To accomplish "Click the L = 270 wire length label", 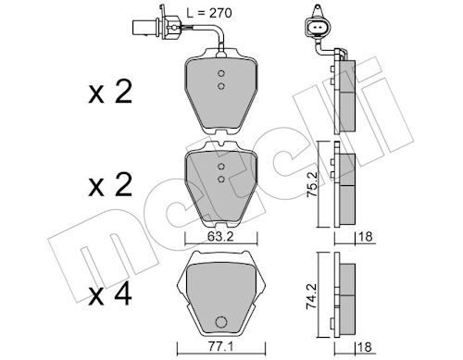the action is point(209,13).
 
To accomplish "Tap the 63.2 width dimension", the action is point(220,237).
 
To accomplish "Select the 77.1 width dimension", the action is point(220,347).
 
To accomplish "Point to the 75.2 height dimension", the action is point(312,185).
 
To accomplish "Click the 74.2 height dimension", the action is point(312,296).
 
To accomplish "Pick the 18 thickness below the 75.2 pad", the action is point(366,237).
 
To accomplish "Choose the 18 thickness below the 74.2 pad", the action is point(366,347).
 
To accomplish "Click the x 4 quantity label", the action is point(110,295).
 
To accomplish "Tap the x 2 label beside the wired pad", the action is point(110,92).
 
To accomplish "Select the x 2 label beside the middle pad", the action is point(110,185).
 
